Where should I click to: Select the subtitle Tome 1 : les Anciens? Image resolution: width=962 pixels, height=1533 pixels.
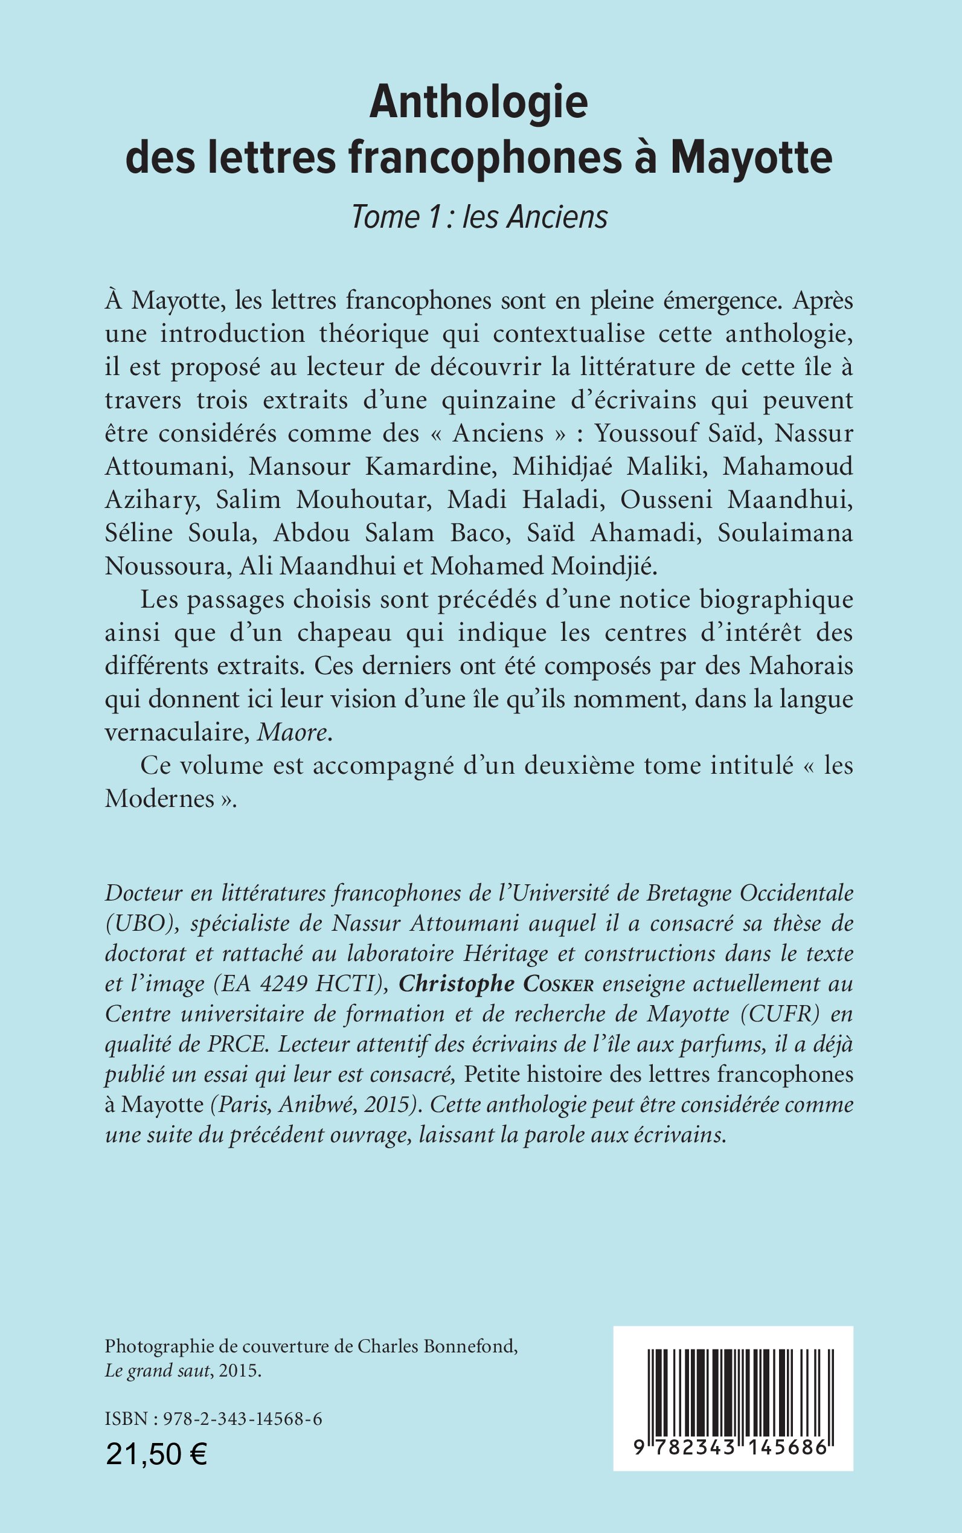click(x=479, y=217)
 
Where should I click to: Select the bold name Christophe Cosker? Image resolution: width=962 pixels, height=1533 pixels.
click(x=496, y=984)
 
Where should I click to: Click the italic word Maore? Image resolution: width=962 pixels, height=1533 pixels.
click(x=293, y=733)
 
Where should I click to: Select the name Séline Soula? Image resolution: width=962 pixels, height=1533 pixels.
click(x=179, y=533)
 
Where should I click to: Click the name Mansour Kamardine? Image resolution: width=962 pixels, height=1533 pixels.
click(x=371, y=466)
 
